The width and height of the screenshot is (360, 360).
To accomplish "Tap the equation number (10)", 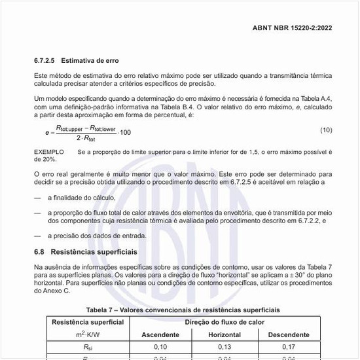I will tap(326, 131).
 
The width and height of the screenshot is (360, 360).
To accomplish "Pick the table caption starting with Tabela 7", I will tap(180, 308).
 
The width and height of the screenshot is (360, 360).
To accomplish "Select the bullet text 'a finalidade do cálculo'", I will tap(82, 197).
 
